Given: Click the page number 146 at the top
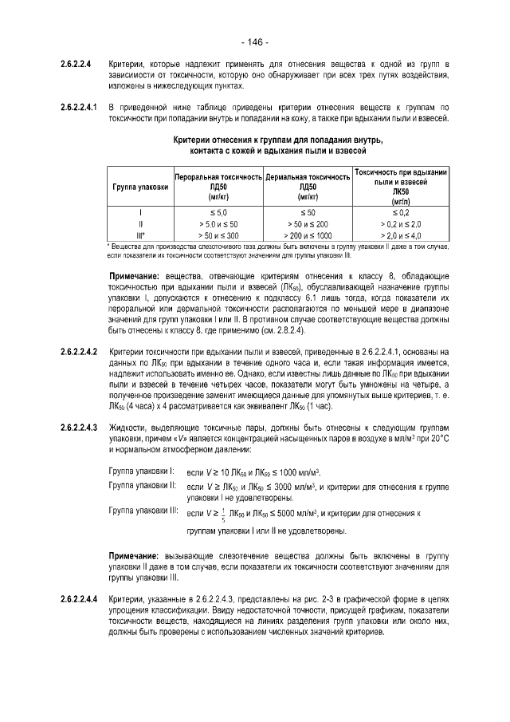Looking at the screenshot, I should coord(254,41).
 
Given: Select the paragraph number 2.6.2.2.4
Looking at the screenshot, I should coord(76,63).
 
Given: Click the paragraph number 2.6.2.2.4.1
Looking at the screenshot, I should coord(79,107).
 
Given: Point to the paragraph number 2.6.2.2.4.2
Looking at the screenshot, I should coord(79,352).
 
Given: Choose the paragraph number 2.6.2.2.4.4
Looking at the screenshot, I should coord(79,599).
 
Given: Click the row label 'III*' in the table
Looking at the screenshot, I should coord(140,236).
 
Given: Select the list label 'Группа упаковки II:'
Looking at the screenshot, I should coord(141,485).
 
